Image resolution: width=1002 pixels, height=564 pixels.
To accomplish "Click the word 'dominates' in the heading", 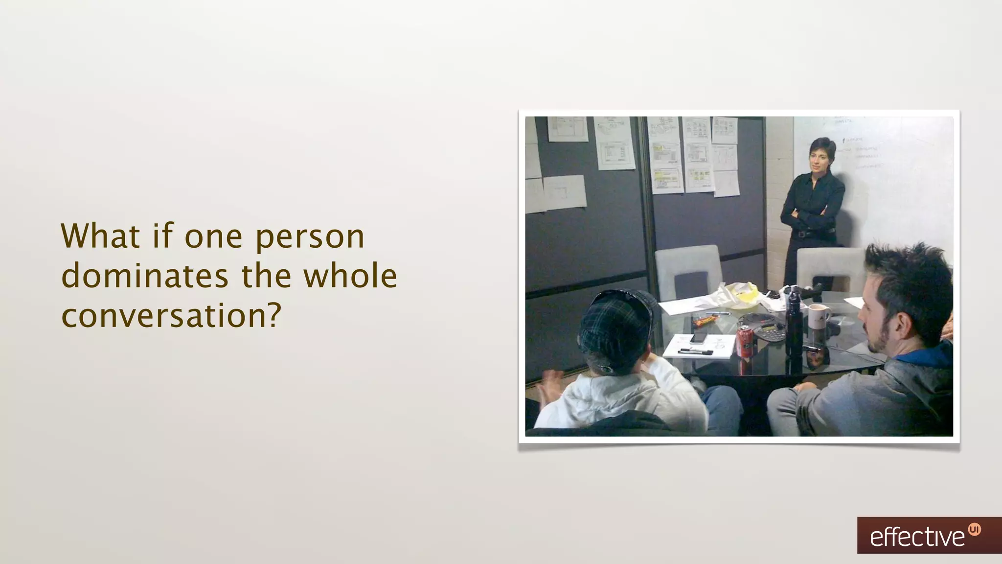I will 145,276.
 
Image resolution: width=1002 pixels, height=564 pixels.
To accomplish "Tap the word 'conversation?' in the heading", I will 171,316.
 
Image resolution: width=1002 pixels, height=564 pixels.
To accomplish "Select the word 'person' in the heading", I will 310,236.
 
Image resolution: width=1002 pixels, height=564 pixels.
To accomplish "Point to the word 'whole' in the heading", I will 350,276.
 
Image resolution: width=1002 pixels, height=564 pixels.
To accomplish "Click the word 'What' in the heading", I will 101,236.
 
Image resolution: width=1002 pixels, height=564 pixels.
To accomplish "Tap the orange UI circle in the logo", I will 975,529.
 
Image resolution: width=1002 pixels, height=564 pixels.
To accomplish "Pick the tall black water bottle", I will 793,323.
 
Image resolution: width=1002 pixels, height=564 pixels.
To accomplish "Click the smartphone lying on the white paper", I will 699,337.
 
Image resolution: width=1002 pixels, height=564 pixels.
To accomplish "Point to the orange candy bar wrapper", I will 705,321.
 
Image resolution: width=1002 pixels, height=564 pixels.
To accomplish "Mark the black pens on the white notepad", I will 695,351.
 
